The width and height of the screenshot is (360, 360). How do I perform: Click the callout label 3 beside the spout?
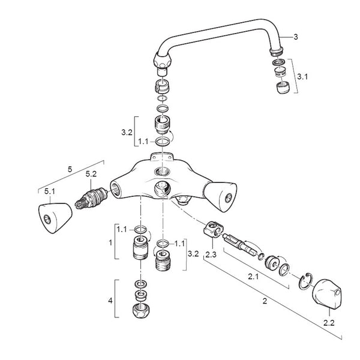pyautogui.click(x=295, y=37)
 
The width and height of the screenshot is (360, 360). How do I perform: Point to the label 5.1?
pyautogui.click(x=49, y=192)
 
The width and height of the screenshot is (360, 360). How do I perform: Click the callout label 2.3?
pyautogui.click(x=210, y=254)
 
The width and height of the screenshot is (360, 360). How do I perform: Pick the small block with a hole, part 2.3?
pyautogui.click(x=212, y=229)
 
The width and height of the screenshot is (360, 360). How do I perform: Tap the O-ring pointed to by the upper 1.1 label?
pyautogui.click(x=161, y=142)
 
